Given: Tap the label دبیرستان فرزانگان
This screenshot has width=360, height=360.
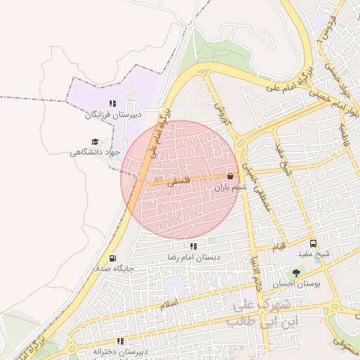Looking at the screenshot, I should click(x=114, y=114).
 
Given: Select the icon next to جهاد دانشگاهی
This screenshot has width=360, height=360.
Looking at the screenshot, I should click(x=75, y=151).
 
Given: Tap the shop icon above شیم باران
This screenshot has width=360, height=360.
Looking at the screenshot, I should click(x=231, y=176).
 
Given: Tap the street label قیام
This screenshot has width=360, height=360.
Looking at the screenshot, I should click(x=279, y=247).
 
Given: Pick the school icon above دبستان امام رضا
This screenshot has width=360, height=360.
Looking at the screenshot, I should click(x=193, y=246).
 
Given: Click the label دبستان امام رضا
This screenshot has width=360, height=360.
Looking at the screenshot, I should click(x=193, y=257).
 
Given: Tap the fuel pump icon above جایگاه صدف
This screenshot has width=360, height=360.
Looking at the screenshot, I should click(x=112, y=257).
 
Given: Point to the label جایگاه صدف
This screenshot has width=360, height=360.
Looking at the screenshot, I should click(x=112, y=269).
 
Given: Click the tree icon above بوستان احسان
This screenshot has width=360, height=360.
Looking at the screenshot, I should click(x=295, y=273).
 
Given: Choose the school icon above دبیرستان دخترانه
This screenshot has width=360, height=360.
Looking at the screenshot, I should click(x=120, y=341).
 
